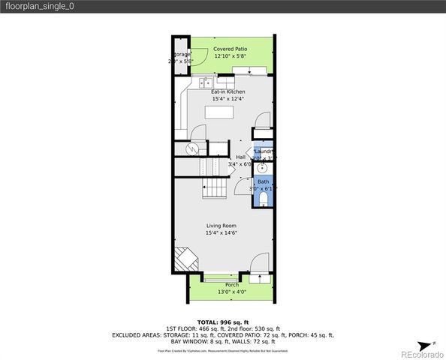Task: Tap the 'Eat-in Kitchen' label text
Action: coord(228,91)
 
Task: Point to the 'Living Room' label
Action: coord(221,225)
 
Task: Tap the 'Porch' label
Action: coord(232,284)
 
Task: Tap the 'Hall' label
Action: coord(241,157)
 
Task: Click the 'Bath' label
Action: coord(263,181)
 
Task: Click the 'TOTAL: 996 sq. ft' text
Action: coord(222,322)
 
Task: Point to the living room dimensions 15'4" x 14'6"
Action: coord(221,232)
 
